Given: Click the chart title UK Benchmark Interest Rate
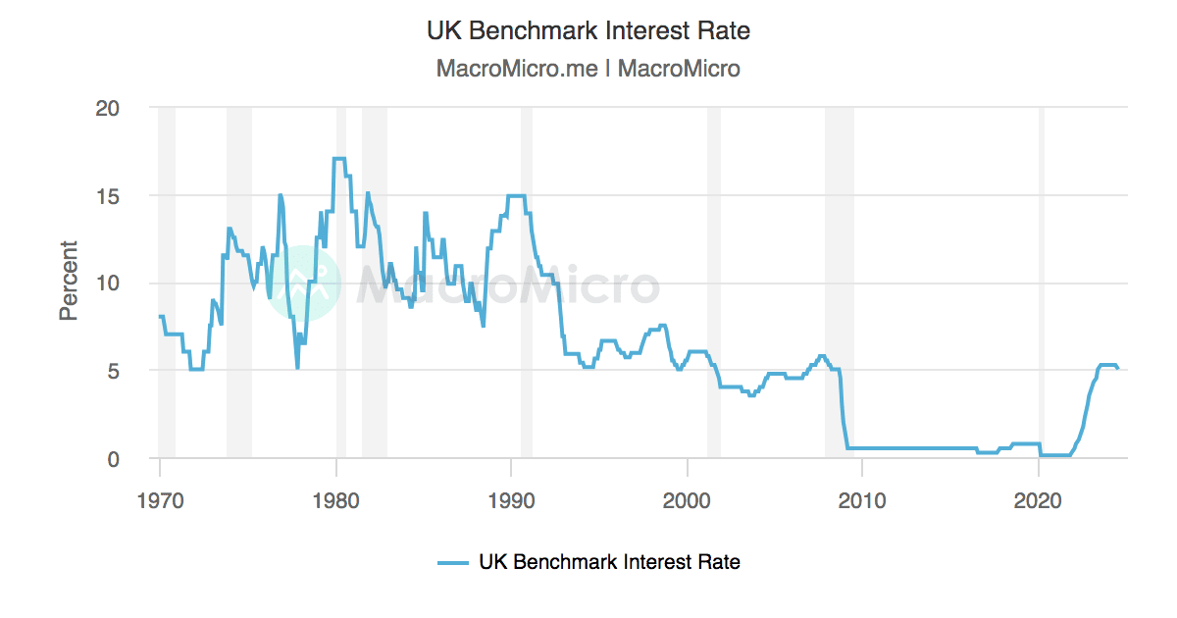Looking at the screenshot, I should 588,30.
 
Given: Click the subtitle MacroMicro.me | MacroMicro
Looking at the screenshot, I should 588,69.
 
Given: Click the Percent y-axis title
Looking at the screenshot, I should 68,281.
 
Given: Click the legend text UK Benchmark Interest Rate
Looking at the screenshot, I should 609,562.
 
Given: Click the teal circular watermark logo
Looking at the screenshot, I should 302,283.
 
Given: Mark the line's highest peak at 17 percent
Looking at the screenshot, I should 339,159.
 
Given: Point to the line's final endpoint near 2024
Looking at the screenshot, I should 1117,368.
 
